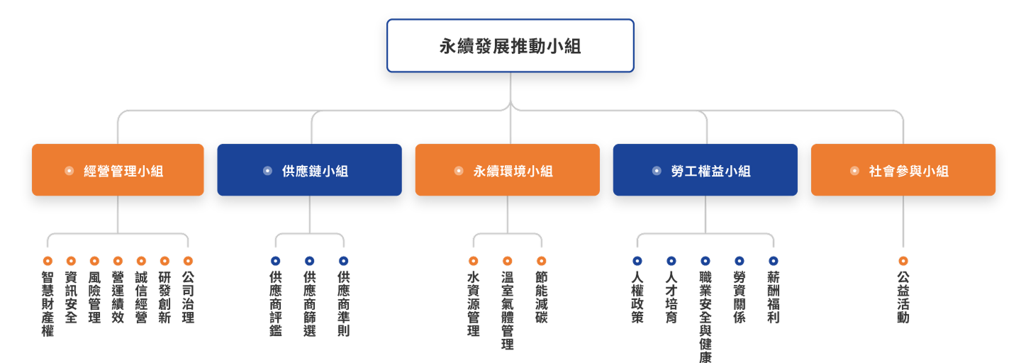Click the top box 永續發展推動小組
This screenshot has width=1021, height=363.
pos(510,46)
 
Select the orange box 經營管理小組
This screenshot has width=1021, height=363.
pos(118,170)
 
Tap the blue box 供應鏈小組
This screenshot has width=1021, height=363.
pos(309,170)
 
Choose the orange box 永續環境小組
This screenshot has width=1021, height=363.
pos(507,170)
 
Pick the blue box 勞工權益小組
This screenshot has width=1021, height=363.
pos(705,170)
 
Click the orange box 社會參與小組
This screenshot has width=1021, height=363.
pos(903,170)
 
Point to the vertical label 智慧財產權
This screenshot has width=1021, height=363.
pos(48,303)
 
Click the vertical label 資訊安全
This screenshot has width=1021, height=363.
pos(71,297)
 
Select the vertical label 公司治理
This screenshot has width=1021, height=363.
pos(188,297)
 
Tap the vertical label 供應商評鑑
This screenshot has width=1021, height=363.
pos(276,303)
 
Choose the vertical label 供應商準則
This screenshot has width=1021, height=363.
pos(344,303)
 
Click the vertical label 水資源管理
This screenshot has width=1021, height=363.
pos(474,303)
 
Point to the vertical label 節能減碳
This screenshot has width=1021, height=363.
pos(542,297)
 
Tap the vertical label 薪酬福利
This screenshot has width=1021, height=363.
pos(774,297)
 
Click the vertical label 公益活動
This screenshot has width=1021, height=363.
pos(903,297)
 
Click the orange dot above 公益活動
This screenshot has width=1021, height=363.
pos(903,261)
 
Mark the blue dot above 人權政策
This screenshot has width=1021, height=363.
pos(637,261)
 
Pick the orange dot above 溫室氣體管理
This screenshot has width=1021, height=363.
pos(508,261)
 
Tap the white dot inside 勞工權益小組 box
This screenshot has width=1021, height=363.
pos(657,171)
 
